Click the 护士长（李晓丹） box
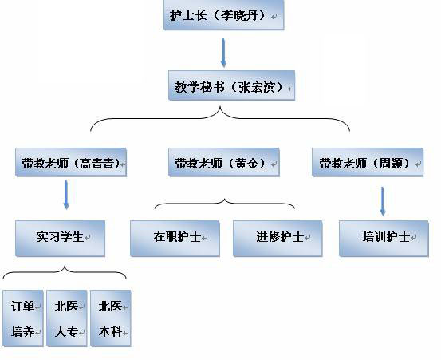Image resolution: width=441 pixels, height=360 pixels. coord(224,14)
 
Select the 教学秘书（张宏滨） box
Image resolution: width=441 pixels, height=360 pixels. coord(232,85)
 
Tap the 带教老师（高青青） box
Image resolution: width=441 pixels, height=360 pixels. coord(71,162)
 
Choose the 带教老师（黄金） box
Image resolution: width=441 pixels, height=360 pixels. coord(224,162)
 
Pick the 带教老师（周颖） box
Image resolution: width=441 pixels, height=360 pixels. coord(368,162)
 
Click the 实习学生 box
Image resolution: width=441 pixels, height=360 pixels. coord(60,239)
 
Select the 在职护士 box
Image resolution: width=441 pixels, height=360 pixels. coord(175,239)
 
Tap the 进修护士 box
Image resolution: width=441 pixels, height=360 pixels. coord(278,239)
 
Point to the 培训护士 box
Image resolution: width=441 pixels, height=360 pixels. coord(384,239)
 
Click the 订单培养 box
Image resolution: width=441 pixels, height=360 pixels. coord(23,318)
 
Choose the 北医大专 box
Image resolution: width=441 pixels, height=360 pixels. coord(67,318)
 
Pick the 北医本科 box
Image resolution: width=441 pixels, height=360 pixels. coord(111,318)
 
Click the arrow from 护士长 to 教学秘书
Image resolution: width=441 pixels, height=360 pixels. coord(223,53)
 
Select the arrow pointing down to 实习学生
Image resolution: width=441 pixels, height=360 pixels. coord(66,195)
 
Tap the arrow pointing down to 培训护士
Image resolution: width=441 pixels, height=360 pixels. coord(383,201)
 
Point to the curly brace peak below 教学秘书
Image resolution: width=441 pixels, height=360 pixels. coord(220,107)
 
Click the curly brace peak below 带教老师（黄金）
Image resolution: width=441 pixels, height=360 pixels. coord(225,199)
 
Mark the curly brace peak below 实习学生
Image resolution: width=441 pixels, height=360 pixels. coord(65,267)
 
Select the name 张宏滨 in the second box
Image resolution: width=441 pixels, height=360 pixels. coord(257,87)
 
